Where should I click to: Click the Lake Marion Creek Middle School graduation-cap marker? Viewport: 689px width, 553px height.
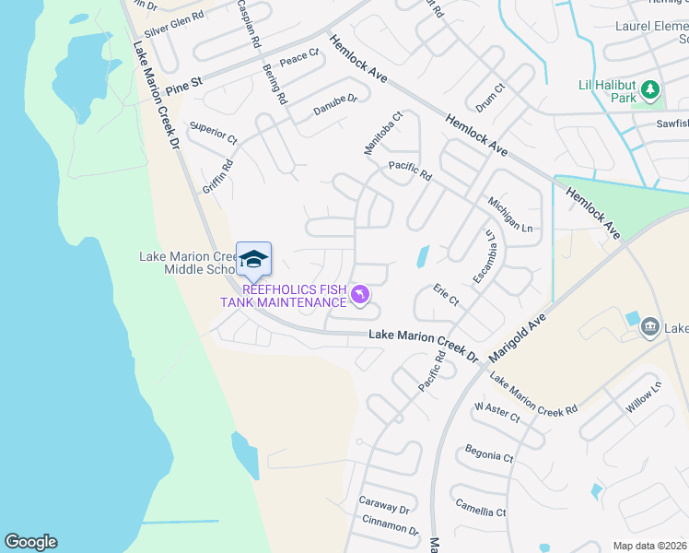[x=253, y=259]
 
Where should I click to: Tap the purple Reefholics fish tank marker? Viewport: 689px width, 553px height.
[x=360, y=295]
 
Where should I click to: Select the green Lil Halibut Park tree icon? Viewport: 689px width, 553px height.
[x=650, y=89]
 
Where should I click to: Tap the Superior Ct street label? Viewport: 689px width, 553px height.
[x=213, y=133]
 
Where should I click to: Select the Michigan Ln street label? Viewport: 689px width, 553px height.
[x=510, y=214]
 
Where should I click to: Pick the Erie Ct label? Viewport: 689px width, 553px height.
[x=446, y=296]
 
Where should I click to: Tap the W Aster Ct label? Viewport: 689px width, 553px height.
[x=497, y=411]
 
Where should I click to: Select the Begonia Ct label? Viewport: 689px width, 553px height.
[x=488, y=455]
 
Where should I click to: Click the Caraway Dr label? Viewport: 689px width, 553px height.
[x=384, y=507]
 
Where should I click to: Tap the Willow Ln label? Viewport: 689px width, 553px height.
[x=644, y=398]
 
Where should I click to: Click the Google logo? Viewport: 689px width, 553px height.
[x=30, y=542]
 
